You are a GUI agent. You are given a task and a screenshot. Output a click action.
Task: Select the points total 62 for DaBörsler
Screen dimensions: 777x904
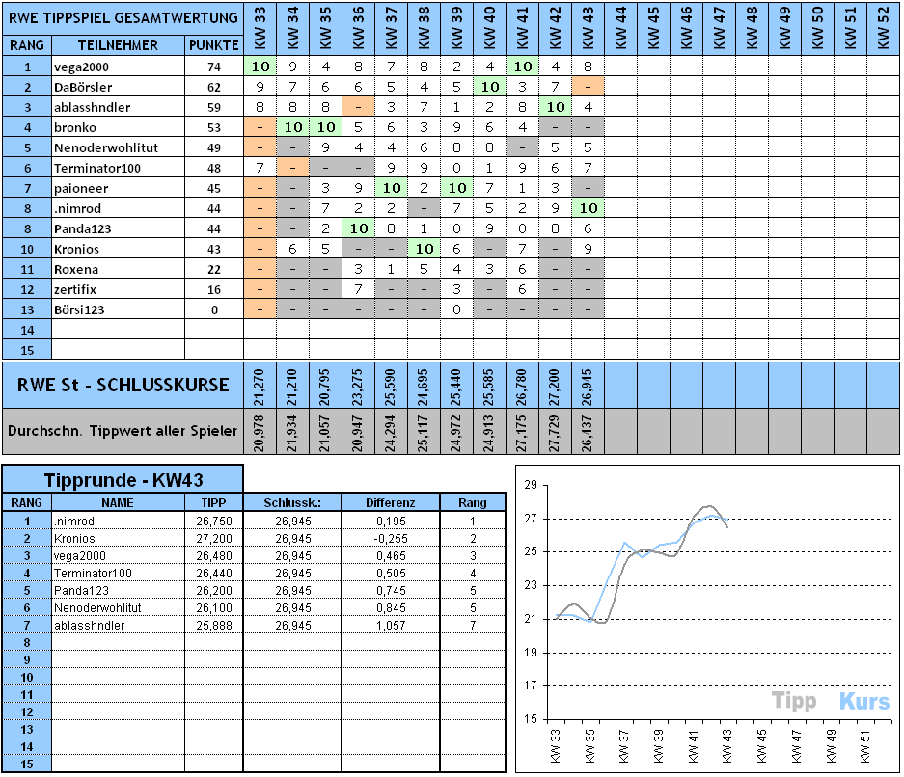tap(213, 88)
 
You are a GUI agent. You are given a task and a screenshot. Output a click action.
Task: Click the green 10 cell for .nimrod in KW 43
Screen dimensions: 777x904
tap(588, 208)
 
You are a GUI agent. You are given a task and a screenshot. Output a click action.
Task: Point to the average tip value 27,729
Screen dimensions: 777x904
tap(555, 431)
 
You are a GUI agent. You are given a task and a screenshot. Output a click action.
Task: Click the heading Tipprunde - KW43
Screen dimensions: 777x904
tap(122, 480)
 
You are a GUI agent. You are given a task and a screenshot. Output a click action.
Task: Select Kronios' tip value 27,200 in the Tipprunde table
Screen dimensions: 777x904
tap(214, 538)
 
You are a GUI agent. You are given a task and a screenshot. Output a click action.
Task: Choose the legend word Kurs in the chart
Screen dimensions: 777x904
tap(863, 701)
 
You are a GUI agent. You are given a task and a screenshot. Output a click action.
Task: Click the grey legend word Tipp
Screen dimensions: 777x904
tap(794, 701)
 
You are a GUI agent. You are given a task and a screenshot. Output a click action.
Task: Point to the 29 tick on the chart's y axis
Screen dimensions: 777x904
tap(528, 485)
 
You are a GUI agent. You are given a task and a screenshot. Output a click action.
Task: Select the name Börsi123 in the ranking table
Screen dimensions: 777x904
tap(80, 309)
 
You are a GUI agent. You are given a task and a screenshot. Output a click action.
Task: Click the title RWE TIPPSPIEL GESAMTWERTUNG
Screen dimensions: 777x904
tap(123, 17)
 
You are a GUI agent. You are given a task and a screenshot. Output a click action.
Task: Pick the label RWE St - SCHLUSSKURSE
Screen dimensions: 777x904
tap(123, 385)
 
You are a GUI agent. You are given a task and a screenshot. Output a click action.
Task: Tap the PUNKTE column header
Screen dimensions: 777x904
tap(213, 45)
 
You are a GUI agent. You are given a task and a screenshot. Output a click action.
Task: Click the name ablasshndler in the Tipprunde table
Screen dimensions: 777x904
tap(90, 626)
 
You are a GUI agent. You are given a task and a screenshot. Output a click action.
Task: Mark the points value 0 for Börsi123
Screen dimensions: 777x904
tap(213, 309)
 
